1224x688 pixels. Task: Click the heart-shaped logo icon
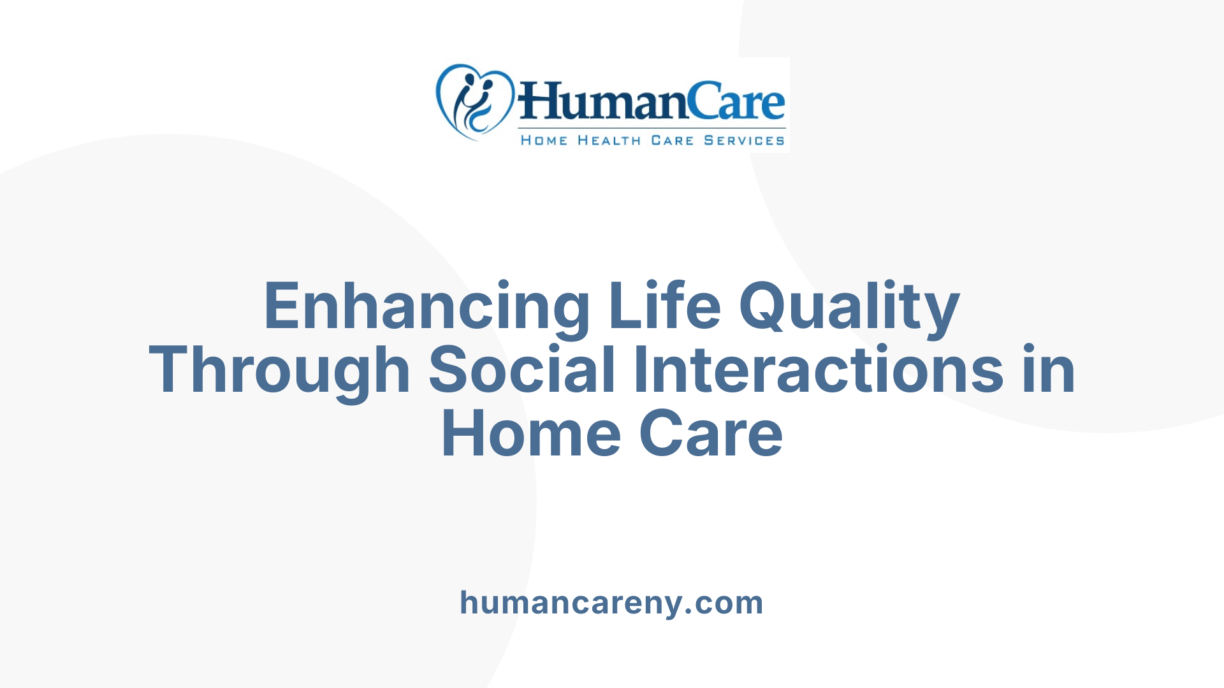click(x=474, y=102)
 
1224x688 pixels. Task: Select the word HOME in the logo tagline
click(x=544, y=141)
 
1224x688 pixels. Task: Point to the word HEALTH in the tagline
click(x=609, y=141)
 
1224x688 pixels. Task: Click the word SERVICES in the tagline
click(x=744, y=141)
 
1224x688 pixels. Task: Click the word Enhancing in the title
click(x=426, y=307)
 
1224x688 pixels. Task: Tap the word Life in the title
click(x=664, y=307)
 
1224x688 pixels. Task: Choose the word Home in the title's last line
click(x=531, y=434)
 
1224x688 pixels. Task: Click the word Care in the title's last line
click(x=711, y=434)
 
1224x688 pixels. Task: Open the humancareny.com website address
click(x=611, y=603)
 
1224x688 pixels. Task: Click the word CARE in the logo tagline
click(x=672, y=141)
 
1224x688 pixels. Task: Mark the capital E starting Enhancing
click(x=281, y=307)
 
